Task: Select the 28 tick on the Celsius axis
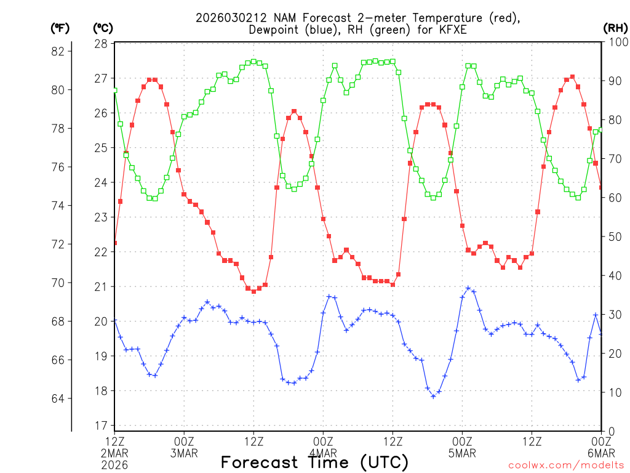[x=101, y=44]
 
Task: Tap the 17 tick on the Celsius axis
[x=101, y=426]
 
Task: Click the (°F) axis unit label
[x=60, y=28]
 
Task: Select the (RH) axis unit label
[x=615, y=28]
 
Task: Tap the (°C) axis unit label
[x=102, y=28]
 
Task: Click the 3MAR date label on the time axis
[x=184, y=454]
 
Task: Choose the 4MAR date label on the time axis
[x=323, y=454]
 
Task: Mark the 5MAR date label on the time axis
[x=462, y=454]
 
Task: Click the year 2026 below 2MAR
[x=114, y=465]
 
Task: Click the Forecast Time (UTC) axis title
[x=314, y=462]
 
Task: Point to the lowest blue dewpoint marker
[x=433, y=396]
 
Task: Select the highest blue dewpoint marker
[x=468, y=288]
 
